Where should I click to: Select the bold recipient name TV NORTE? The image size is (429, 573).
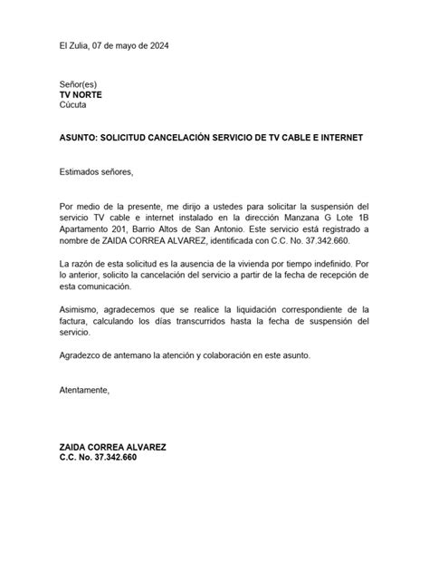82,93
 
